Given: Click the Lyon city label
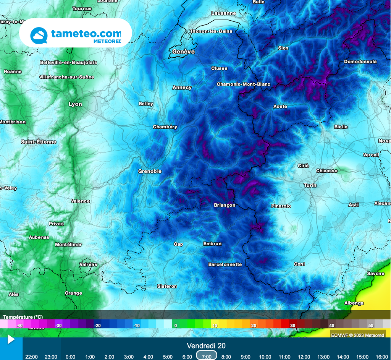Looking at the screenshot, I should tap(75, 104).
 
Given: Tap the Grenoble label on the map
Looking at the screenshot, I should tap(150, 172).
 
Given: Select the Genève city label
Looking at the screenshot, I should tap(183, 52).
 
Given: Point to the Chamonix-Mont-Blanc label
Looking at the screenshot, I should tap(243, 84).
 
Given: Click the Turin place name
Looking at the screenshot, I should tap(310, 185).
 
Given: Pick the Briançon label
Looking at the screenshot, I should tap(225, 205).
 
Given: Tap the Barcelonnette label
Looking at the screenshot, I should tap(225, 264).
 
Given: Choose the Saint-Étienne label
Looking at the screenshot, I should tap(39, 142).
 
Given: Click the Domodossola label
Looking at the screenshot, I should tap(360, 62).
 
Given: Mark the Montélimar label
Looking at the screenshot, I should tap(68, 245).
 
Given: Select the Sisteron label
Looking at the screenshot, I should tap(167, 286).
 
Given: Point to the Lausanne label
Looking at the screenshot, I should tap(224, 13).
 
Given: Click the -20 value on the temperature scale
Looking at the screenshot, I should tap(97, 326).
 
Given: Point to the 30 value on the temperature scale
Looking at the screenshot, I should tap(293, 326).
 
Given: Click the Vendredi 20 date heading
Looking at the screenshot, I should tap(206, 346).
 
